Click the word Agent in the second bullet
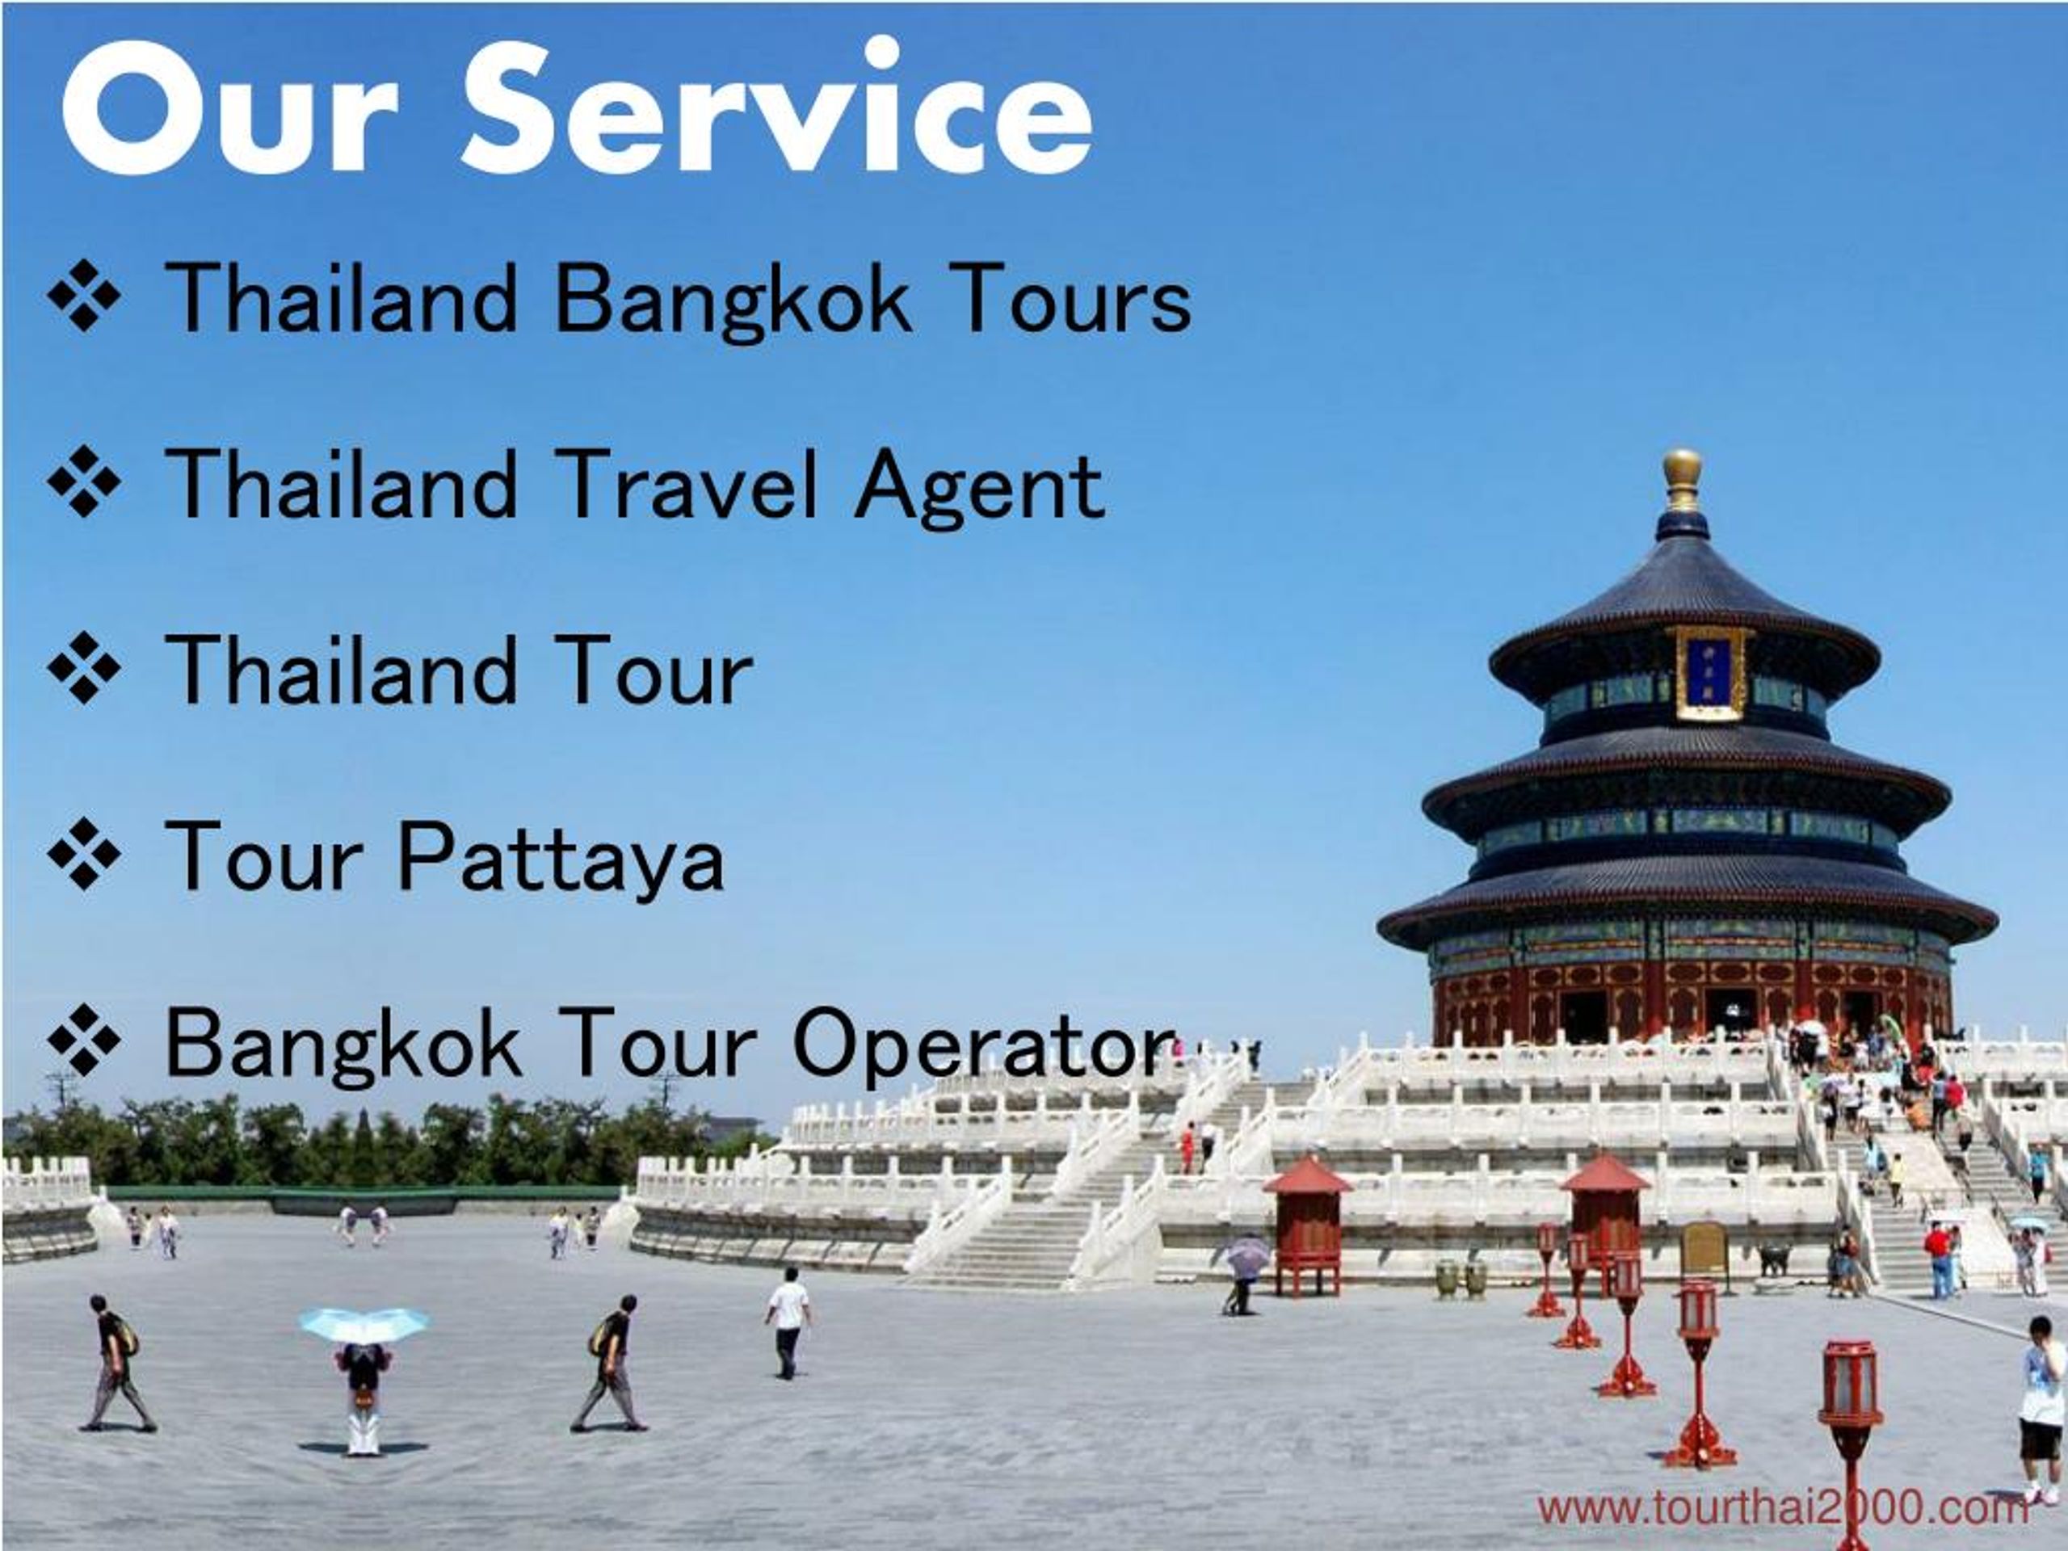pyautogui.click(x=979, y=484)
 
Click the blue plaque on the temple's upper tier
pyautogui.click(x=1710, y=672)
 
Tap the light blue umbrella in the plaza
pyautogui.click(x=364, y=1324)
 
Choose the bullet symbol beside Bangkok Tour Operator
pyautogui.click(x=84, y=1040)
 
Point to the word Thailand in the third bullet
pyautogui.click(x=341, y=670)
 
